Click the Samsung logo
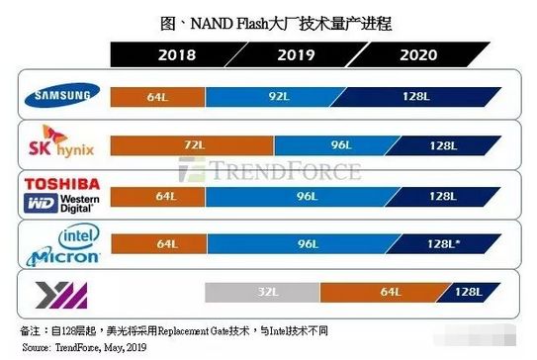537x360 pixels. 61,96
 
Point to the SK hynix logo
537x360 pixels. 61,144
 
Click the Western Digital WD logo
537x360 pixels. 62,204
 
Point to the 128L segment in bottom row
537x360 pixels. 466,292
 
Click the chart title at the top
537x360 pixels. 268,20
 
